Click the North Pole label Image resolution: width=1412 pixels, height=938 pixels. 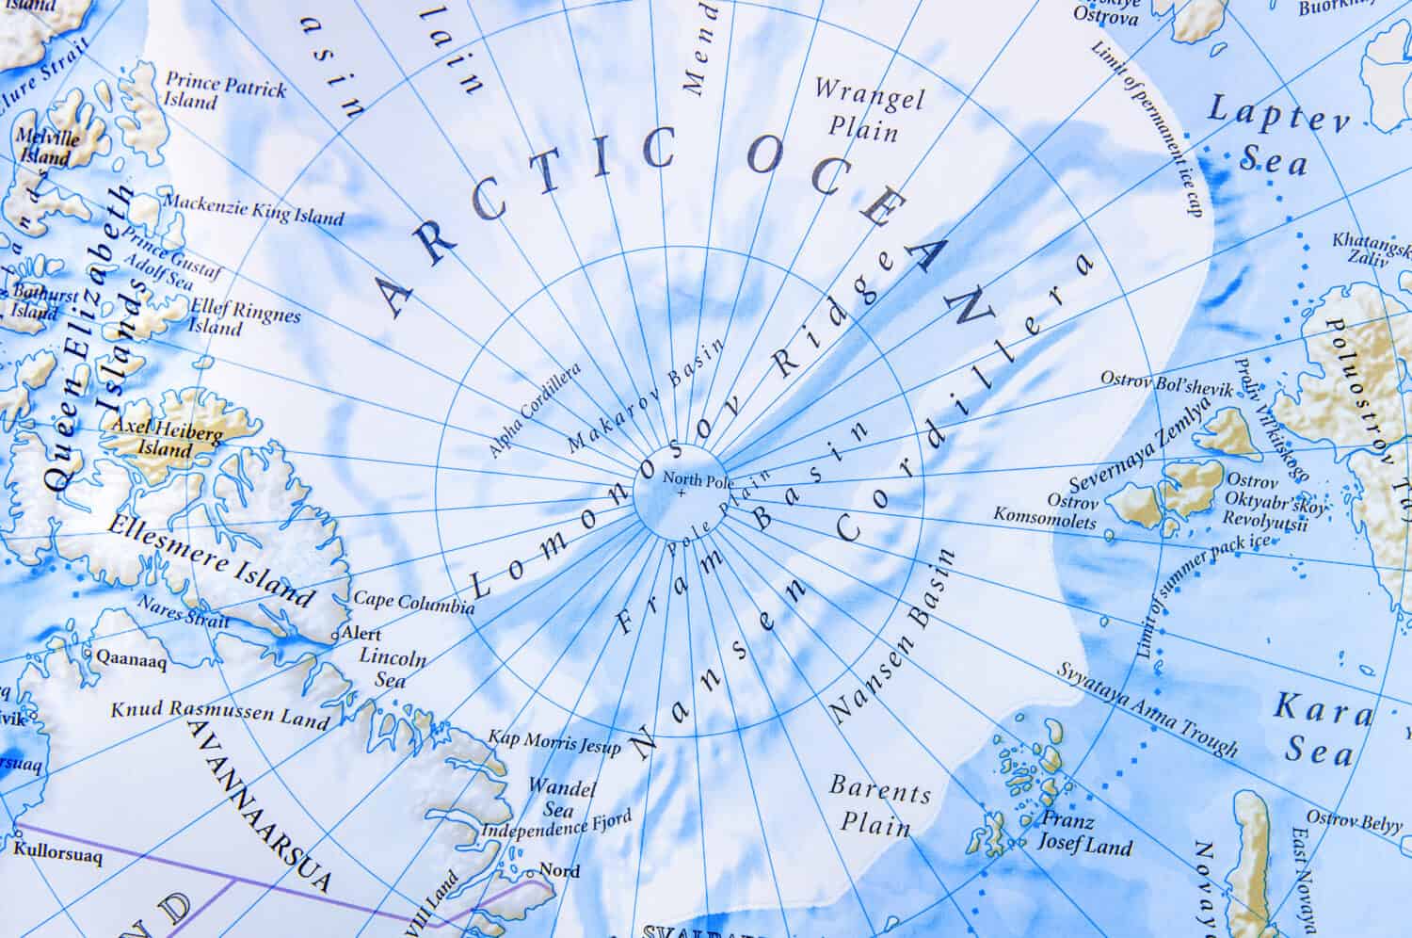click(690, 478)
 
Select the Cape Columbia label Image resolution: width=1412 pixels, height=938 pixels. click(413, 603)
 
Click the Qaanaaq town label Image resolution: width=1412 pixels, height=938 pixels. click(131, 661)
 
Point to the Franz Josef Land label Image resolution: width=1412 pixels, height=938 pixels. click(1083, 833)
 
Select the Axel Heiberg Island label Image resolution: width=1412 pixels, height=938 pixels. click(167, 439)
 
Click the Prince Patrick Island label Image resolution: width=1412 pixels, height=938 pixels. click(224, 91)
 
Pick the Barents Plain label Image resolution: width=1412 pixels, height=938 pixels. click(879, 806)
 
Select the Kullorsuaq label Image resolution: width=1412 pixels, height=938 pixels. click(58, 857)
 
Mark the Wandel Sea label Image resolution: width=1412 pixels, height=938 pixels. click(550, 797)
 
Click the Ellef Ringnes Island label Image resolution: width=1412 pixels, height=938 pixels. click(244, 315)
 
